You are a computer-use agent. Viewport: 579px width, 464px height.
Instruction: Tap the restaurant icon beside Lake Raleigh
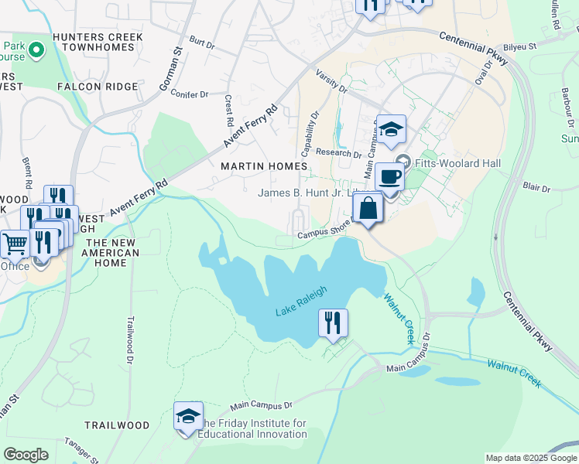point(333,322)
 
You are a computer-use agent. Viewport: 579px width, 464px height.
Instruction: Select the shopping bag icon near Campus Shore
point(368,208)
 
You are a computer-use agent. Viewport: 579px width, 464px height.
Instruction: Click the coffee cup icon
point(390,177)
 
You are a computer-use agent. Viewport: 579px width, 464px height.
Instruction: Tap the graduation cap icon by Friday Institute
point(188,417)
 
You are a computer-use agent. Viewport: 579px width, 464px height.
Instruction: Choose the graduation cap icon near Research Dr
point(392,129)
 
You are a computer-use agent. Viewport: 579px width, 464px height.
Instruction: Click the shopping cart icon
point(15,244)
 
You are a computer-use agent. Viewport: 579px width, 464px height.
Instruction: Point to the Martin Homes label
point(264,166)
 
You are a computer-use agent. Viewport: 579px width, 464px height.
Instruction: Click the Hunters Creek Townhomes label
point(98,43)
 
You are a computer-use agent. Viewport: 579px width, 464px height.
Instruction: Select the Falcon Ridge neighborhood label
point(97,87)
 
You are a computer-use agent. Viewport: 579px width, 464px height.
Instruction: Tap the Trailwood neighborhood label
point(117,425)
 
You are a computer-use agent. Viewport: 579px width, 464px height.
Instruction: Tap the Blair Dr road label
point(536,187)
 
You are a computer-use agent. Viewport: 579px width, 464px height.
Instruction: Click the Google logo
point(26,455)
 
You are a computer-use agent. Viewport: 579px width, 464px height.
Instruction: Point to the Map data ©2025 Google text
point(530,458)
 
